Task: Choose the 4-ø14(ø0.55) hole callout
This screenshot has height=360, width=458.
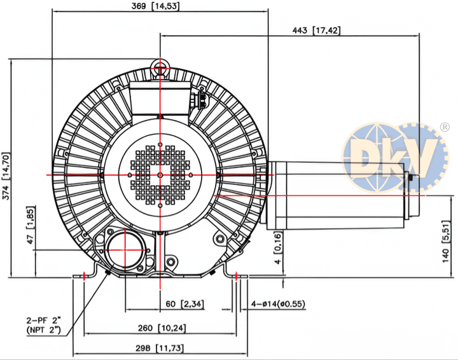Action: coord(278,304)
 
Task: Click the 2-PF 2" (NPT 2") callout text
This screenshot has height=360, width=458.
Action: coord(44,324)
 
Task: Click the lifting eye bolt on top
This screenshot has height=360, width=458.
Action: coord(160,66)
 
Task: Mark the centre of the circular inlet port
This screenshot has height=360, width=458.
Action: coord(125,250)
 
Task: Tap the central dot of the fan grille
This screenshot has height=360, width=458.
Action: coord(160,175)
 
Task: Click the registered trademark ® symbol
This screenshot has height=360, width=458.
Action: coord(445,127)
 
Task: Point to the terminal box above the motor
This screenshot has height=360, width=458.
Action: coord(160,98)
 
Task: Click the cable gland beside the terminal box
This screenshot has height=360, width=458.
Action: coord(200,99)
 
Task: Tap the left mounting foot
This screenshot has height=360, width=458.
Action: coord(85,271)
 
